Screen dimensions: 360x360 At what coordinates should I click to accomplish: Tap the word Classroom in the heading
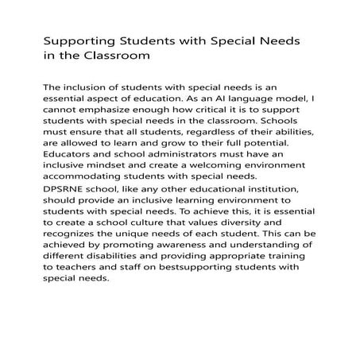point(106,56)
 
